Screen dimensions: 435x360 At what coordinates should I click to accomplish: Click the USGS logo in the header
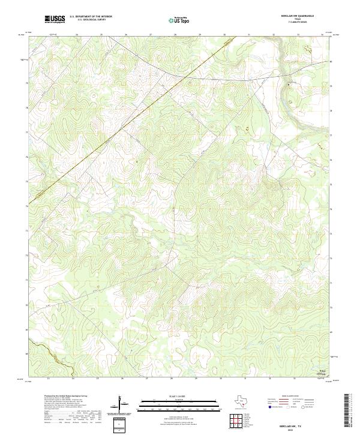click(55, 19)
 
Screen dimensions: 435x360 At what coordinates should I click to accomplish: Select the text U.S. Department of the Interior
click(91, 17)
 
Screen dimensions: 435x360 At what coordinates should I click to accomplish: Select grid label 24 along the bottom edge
click(73, 379)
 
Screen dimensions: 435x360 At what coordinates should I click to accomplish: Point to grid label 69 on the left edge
click(26, 354)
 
